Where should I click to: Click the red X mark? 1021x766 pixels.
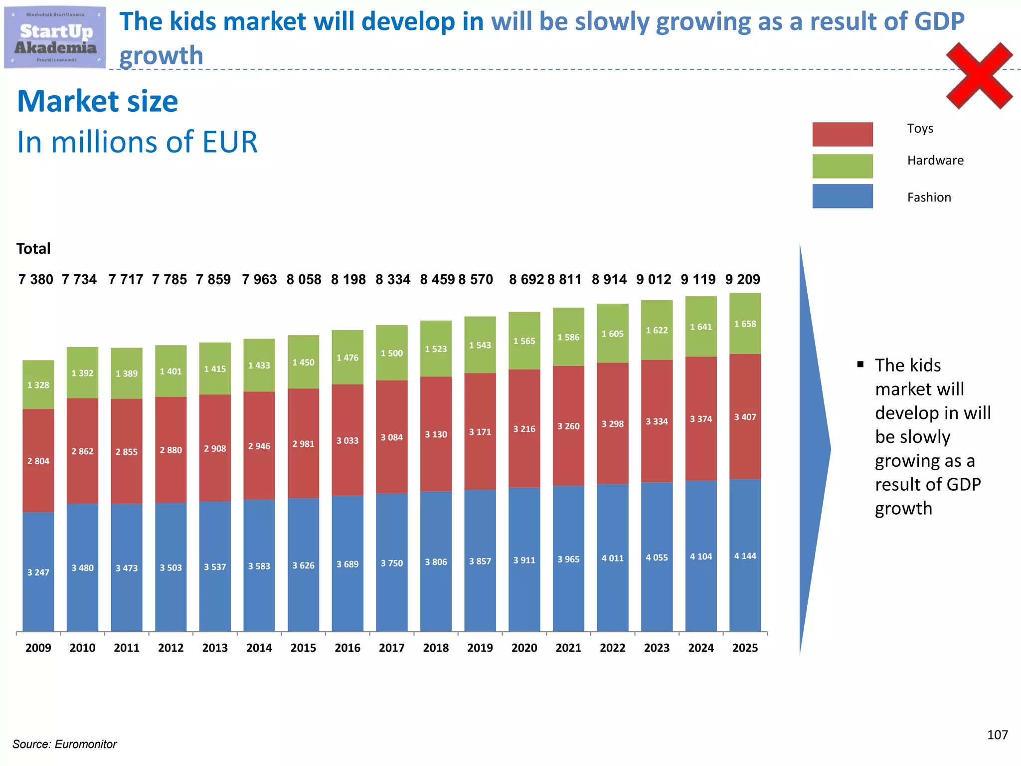pyautogui.click(x=979, y=76)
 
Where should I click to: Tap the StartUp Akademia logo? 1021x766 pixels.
pyautogui.click(x=55, y=38)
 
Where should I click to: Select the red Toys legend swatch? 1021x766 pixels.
pyautogui.click(x=842, y=134)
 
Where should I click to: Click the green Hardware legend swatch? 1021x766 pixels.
pyautogui.click(x=842, y=166)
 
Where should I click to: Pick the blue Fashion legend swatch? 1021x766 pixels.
pyautogui.click(x=842, y=196)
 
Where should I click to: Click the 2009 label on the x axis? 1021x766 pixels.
pyautogui.click(x=38, y=648)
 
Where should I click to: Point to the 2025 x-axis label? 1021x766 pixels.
pyautogui.click(x=745, y=648)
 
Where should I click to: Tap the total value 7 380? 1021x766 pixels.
pyautogui.click(x=36, y=279)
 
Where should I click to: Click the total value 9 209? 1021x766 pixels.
pyautogui.click(x=742, y=279)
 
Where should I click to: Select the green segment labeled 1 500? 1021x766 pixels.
pyautogui.click(x=391, y=353)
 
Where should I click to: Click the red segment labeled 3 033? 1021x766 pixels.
pyautogui.click(x=347, y=440)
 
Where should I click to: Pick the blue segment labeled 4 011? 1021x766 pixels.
pyautogui.click(x=612, y=558)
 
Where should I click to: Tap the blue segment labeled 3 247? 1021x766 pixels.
pyautogui.click(x=38, y=572)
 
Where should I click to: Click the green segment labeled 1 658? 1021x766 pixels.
pyautogui.click(x=745, y=324)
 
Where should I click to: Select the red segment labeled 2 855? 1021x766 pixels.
pyautogui.click(x=127, y=452)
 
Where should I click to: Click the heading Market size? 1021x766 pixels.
pyautogui.click(x=98, y=101)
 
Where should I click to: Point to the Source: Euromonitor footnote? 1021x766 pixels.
pyautogui.click(x=65, y=744)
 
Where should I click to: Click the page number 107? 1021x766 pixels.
pyautogui.click(x=997, y=735)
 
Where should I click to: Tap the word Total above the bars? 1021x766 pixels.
pyautogui.click(x=33, y=248)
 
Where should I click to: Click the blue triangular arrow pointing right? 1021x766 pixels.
pyautogui.click(x=813, y=449)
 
